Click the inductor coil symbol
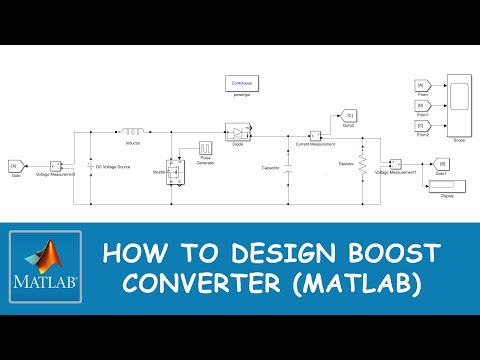coord(131,130)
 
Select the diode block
coord(237,131)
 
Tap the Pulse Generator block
coord(208,148)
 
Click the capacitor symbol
coord(286,170)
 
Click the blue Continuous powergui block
coord(242,84)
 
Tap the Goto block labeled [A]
coord(15,165)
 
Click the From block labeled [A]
coord(420,86)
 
